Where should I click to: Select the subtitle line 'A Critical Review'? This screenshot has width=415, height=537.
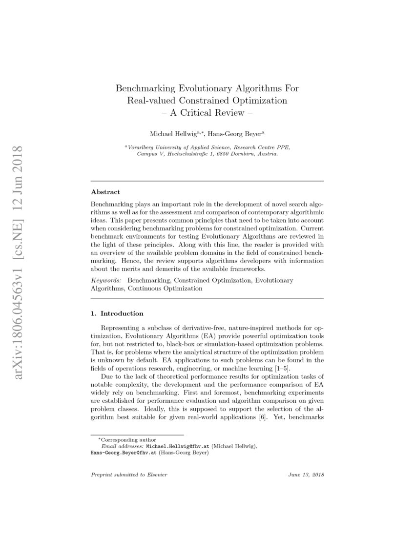point(207,113)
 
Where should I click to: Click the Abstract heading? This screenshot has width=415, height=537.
point(105,192)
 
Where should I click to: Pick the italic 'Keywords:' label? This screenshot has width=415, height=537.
point(107,281)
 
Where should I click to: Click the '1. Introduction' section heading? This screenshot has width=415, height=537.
point(117,313)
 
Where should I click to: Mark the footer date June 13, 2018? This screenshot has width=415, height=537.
point(306,475)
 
